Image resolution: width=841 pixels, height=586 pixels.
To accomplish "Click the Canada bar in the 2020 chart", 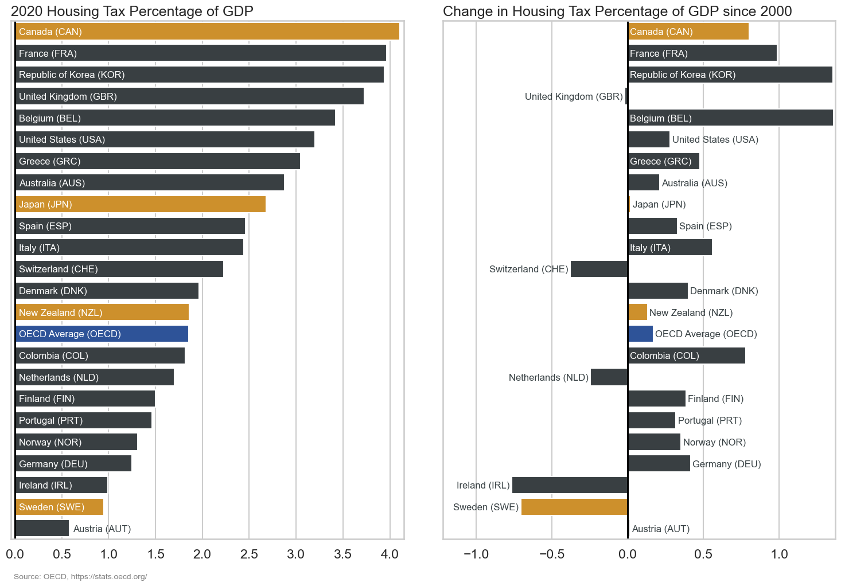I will click(x=207, y=32).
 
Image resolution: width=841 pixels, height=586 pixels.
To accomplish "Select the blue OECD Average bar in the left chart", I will click(x=102, y=334).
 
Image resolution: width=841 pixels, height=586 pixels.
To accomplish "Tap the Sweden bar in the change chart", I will click(x=574, y=507).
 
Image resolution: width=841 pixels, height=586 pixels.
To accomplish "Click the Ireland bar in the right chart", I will click(x=570, y=485).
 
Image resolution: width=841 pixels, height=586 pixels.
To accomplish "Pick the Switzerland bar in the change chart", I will click(x=599, y=269).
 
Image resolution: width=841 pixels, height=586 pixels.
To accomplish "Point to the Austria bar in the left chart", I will click(x=42, y=528).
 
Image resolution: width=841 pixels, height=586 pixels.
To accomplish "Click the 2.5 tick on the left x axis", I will click(x=249, y=554).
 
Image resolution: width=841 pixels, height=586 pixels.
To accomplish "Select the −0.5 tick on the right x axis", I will click(x=551, y=554).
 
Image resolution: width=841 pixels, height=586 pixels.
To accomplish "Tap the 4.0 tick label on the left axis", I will click(x=390, y=554).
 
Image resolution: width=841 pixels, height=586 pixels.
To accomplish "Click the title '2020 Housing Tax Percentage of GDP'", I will click(x=132, y=11).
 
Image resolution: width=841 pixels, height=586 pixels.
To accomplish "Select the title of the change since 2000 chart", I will click(x=617, y=11).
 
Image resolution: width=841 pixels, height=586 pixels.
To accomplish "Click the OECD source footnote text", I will click(x=80, y=576).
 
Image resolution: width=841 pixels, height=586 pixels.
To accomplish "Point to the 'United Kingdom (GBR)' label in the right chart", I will click(x=574, y=96).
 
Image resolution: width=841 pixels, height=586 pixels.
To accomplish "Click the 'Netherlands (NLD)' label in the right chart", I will click(x=548, y=377).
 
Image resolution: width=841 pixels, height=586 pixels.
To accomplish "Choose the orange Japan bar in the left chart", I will click(x=141, y=204).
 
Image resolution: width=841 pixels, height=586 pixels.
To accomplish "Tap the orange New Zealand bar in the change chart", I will click(x=637, y=312).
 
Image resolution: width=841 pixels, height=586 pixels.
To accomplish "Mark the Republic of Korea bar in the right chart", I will click(x=730, y=75).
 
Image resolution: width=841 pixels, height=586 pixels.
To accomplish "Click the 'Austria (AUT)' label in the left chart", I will click(x=102, y=529).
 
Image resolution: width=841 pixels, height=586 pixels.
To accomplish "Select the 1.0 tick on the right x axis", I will click(x=779, y=554).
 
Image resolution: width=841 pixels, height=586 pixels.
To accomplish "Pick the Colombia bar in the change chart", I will click(x=686, y=355).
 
